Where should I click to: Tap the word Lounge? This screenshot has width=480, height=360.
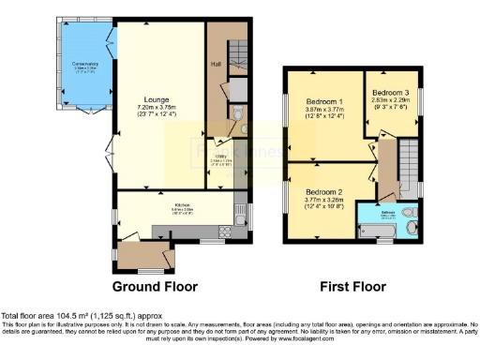point(157,98)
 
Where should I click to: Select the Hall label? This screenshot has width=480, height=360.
point(216,65)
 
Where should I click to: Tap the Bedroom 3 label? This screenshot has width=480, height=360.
point(391,94)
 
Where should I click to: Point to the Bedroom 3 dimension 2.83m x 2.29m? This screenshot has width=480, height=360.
point(391,101)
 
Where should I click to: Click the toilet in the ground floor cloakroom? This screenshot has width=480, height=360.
point(238,117)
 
